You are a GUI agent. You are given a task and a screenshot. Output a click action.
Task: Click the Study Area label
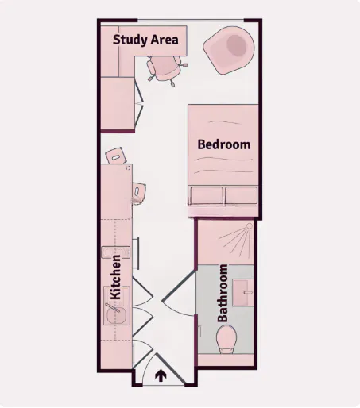145,40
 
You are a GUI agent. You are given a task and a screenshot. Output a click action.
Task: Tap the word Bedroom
224,144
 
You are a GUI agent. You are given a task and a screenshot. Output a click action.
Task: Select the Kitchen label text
115,277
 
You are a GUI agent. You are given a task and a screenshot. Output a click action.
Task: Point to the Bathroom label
223,293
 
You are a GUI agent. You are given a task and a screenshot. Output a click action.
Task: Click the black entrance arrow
161,376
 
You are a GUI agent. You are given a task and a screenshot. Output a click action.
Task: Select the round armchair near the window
229,50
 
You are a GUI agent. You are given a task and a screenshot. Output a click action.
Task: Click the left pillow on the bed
207,195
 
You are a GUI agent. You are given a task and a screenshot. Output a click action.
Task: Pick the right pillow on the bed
241,195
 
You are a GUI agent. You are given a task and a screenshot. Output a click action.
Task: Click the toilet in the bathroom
226,340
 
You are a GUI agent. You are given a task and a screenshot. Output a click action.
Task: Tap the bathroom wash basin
243,293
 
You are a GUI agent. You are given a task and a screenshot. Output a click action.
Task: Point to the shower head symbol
250,226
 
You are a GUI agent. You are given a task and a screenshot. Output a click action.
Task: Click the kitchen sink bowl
117,314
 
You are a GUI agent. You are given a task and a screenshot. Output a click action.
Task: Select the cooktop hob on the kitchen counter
116,252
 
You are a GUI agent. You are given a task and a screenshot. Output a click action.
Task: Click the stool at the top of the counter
116,156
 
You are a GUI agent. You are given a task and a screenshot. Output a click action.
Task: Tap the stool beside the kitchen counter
139,191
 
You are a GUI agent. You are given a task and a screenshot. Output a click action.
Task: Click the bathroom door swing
178,294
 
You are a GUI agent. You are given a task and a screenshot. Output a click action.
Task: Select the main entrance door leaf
170,368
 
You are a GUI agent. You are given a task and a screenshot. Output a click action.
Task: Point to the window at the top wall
191,21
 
